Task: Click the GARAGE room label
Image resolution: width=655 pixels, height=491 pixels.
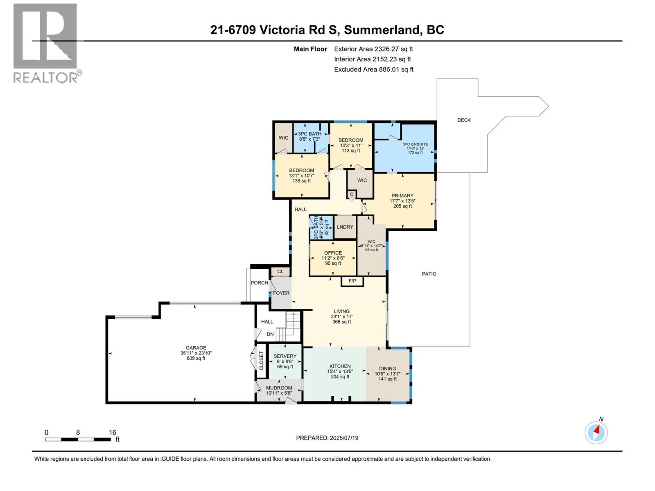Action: [x=196, y=348]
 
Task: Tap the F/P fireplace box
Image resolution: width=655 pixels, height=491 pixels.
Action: [x=352, y=281]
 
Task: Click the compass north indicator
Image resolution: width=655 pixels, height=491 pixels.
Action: [x=596, y=432]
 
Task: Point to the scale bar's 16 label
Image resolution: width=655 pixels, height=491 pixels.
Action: [x=112, y=432]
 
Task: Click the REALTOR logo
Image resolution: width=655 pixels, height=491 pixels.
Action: [x=45, y=43]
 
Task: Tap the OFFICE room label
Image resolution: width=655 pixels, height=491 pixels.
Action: [x=333, y=253]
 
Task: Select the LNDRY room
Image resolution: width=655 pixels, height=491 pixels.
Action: [x=345, y=227]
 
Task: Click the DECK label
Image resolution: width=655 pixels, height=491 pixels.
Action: [x=464, y=120]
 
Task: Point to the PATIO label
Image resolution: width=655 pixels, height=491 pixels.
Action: [x=429, y=274]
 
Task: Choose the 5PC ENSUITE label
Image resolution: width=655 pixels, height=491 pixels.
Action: [x=415, y=144]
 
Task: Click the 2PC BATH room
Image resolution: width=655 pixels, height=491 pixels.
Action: [x=321, y=227]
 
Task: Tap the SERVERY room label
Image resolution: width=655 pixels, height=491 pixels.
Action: [x=285, y=356]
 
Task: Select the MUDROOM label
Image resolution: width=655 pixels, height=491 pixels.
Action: [x=279, y=388]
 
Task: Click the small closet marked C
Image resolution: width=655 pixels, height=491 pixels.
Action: [x=351, y=194]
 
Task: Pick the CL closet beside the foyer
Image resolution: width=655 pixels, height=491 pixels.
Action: [x=280, y=271]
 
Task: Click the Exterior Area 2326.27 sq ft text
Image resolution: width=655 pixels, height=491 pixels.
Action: [x=373, y=49]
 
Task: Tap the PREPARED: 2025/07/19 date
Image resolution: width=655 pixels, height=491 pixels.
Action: [x=327, y=438]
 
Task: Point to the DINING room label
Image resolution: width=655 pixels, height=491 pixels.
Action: [x=387, y=368]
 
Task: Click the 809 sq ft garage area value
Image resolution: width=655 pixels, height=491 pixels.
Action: [x=196, y=358]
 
